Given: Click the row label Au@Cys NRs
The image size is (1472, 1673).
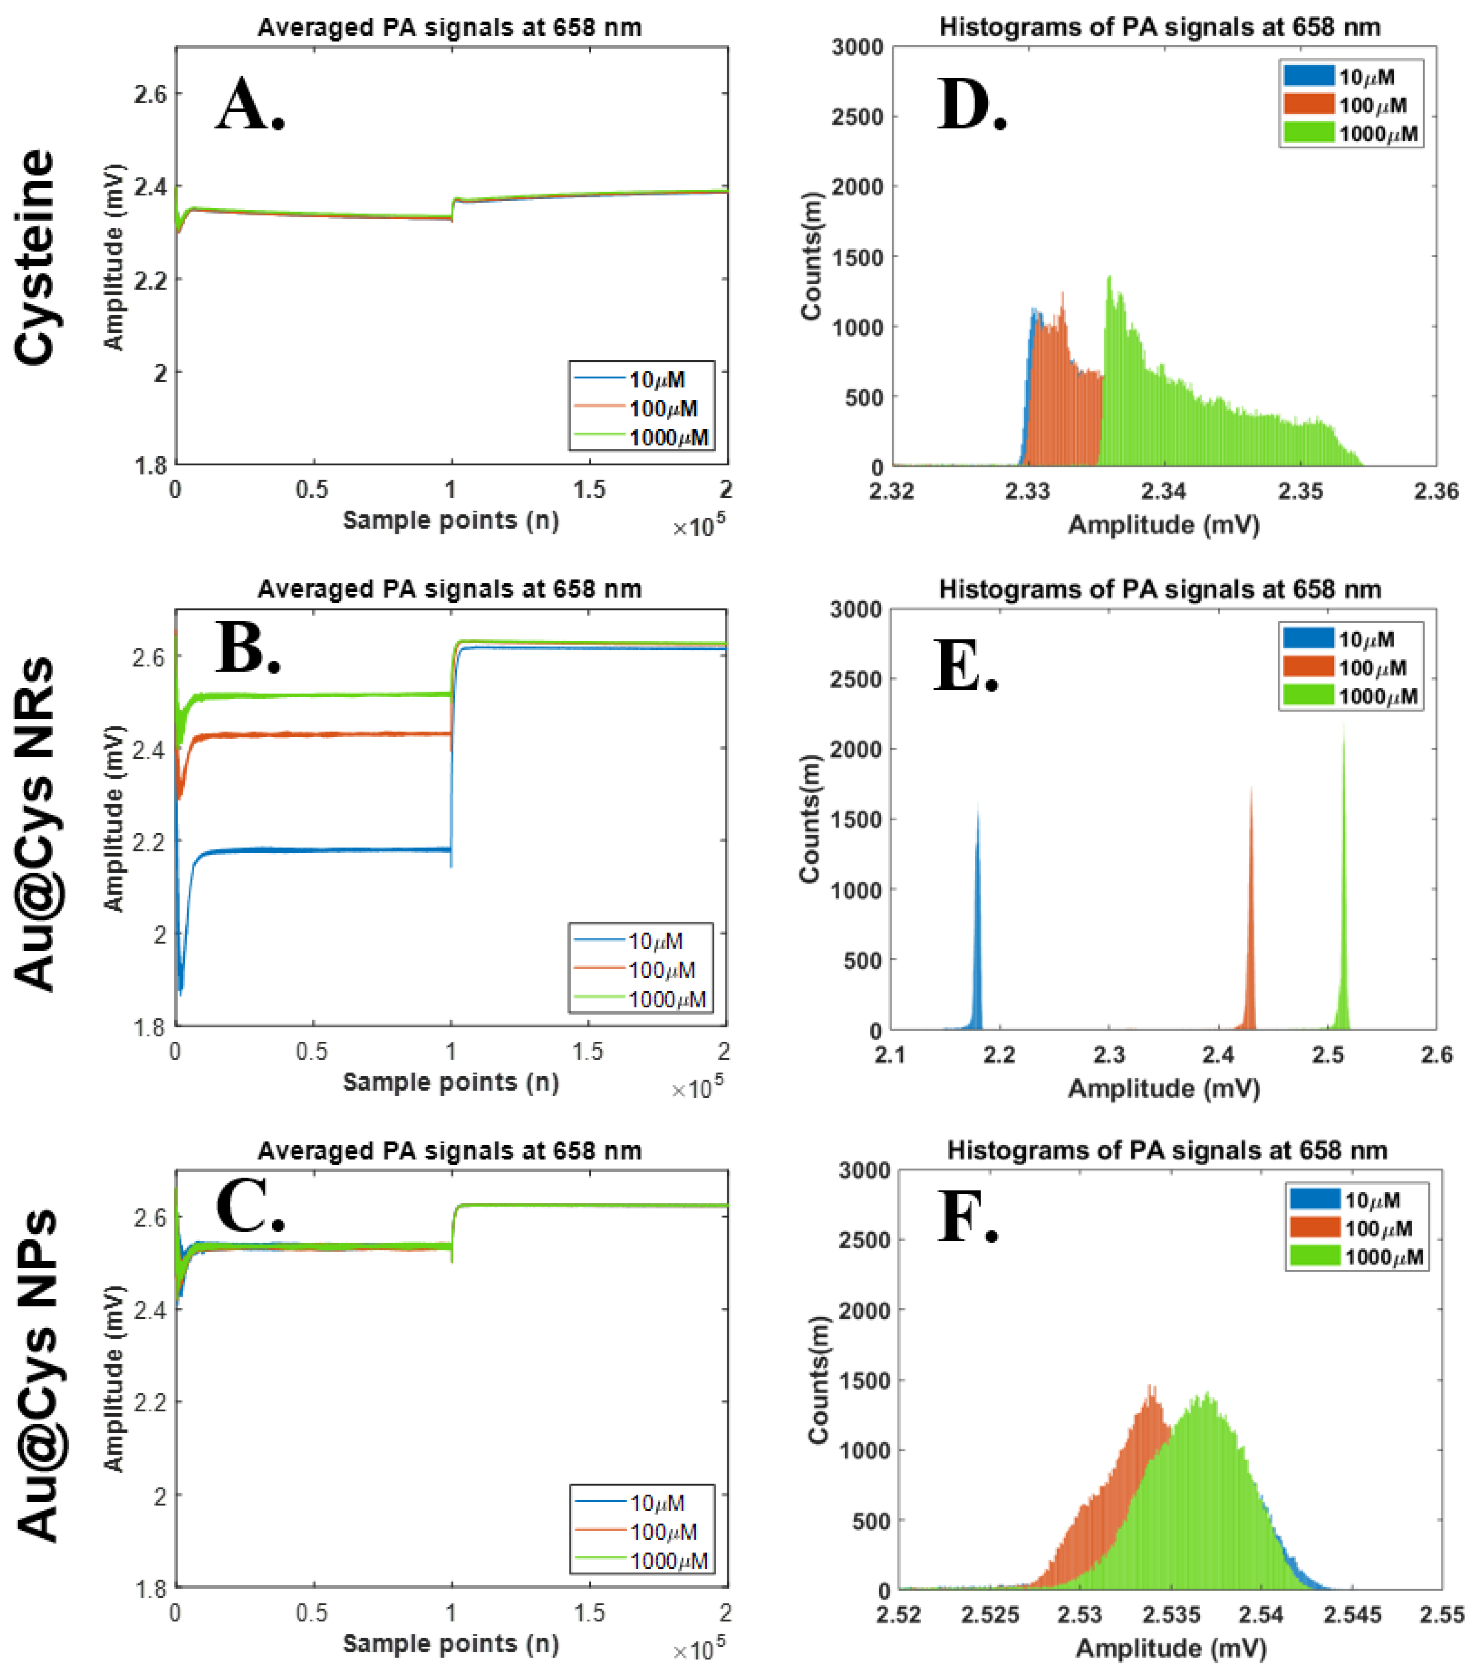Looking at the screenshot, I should (35, 823).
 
